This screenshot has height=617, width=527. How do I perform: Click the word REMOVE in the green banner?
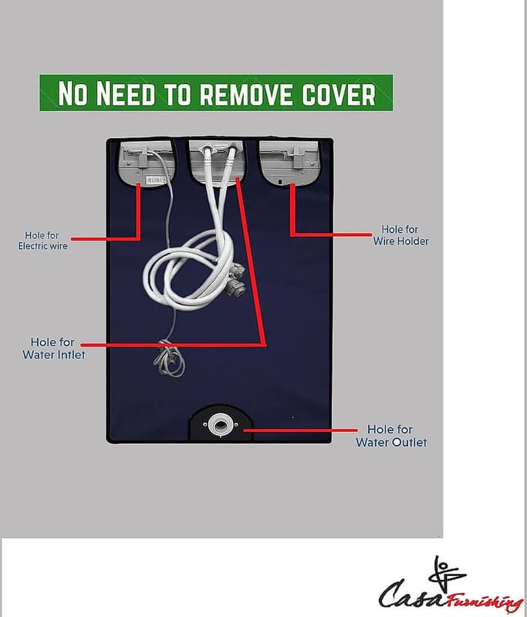pos(246,94)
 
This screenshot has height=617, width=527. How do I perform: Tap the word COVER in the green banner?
pos(339,94)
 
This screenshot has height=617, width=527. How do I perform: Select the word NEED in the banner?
pos(126,93)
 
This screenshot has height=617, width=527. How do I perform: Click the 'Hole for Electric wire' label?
pos(42,241)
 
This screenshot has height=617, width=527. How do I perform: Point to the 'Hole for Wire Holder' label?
pos(400,235)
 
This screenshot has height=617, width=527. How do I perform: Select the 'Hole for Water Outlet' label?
pos(391,436)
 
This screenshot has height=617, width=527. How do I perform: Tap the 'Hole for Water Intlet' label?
pos(53,349)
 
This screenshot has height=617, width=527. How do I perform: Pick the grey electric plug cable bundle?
pos(169,359)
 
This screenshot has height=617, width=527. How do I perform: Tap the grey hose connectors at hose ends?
pos(236,279)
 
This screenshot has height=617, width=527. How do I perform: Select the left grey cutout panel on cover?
pos(147,163)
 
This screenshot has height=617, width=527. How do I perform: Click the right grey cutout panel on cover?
pos(289,162)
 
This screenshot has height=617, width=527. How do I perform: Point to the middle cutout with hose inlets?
pos(218,162)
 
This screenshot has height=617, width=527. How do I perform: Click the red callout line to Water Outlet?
pos(300,430)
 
